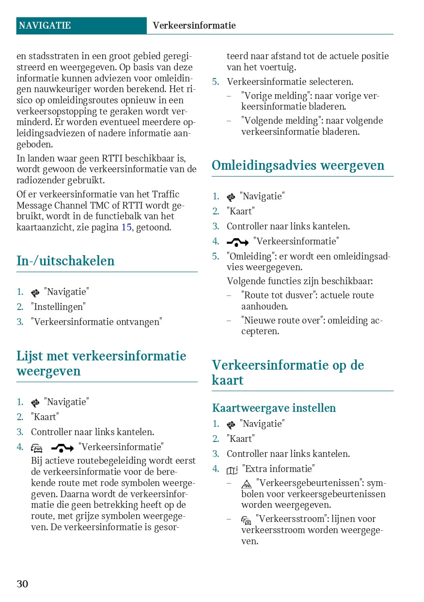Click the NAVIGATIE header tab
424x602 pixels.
45,26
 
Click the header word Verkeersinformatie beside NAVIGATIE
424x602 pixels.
194,26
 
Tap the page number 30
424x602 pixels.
22,584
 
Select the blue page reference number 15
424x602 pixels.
126,227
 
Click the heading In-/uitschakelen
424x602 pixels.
65,261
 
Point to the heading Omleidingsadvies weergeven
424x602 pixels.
298,165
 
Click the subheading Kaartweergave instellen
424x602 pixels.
274,408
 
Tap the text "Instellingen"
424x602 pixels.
58,307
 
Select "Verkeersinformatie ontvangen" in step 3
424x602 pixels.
96,322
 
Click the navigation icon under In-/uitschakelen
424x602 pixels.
35,293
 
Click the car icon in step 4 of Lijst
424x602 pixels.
37,448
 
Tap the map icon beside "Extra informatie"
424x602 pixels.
232,470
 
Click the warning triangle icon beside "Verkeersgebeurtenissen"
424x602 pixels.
246,484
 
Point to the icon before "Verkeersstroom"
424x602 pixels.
246,520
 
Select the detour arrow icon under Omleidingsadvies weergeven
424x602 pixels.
237,242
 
